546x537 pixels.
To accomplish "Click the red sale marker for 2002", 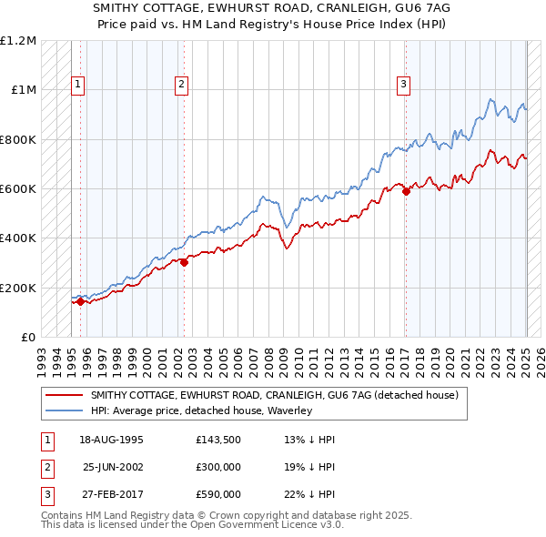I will coord(184,262).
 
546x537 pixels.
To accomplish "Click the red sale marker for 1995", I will coord(80,302).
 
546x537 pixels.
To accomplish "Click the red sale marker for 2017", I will coord(406,191).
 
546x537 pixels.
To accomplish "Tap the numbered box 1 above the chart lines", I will coord(78,85).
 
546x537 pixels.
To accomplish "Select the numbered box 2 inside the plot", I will coord(182,85).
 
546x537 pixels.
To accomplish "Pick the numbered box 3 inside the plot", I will coord(403,85).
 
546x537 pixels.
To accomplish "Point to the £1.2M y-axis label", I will coord(18,41).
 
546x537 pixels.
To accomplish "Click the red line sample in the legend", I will coord(64,395).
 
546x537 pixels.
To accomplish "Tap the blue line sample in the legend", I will coord(64,410).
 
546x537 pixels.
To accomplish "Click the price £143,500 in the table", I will coord(218,440).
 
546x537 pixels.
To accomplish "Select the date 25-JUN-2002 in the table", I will coord(113,467).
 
